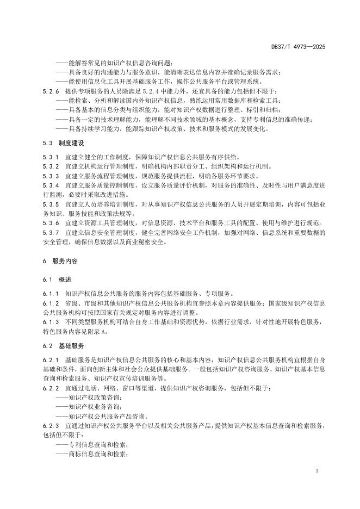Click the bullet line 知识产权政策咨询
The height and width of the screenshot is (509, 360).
coord(89,398)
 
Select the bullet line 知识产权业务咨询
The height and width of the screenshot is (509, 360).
coord(89,407)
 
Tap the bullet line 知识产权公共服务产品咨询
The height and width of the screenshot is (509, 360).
coord(99,416)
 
